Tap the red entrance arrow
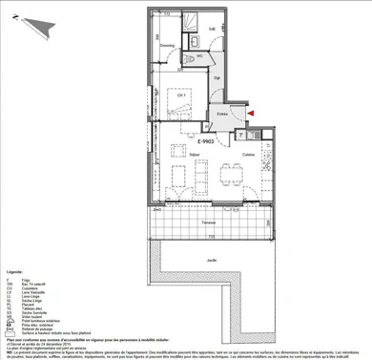[x=250, y=114]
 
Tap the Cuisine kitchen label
[x=247, y=154]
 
